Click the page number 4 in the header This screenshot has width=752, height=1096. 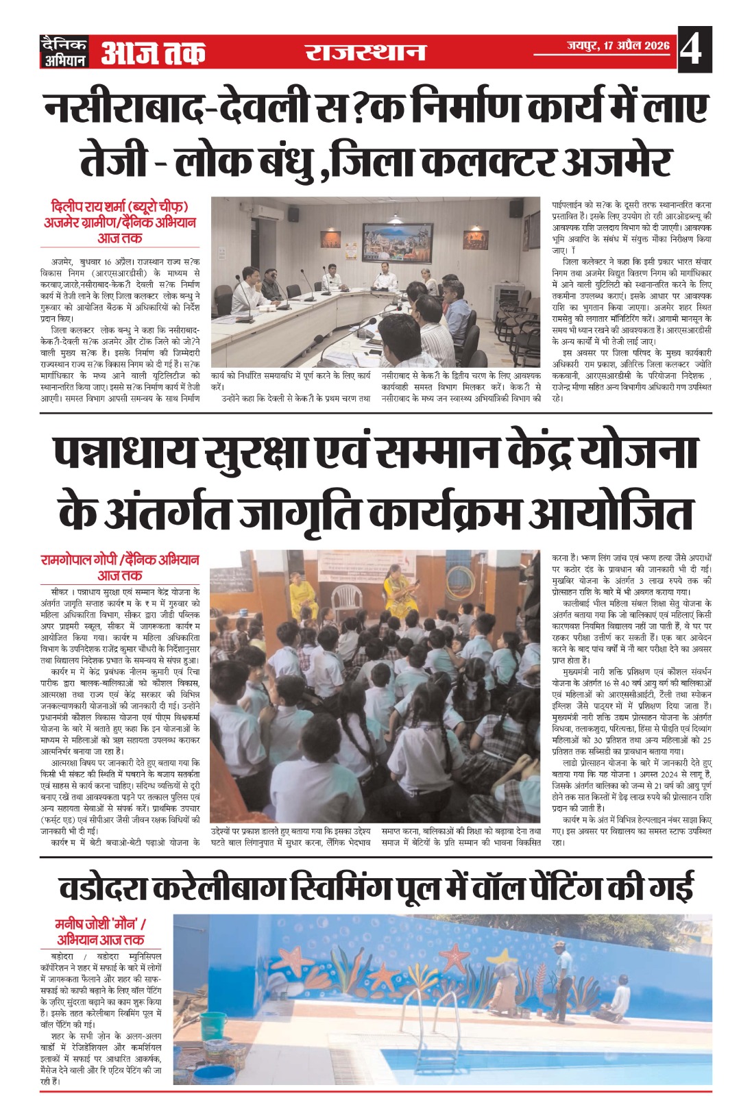pyautogui.click(x=694, y=49)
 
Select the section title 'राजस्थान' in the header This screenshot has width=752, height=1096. pyautogui.click(x=365, y=52)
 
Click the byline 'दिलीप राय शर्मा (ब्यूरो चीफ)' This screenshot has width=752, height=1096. pyautogui.click(x=120, y=206)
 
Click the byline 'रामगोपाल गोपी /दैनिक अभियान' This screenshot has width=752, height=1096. pyautogui.click(x=120, y=560)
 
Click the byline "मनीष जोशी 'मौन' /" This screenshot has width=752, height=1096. pyautogui.click(x=101, y=923)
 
